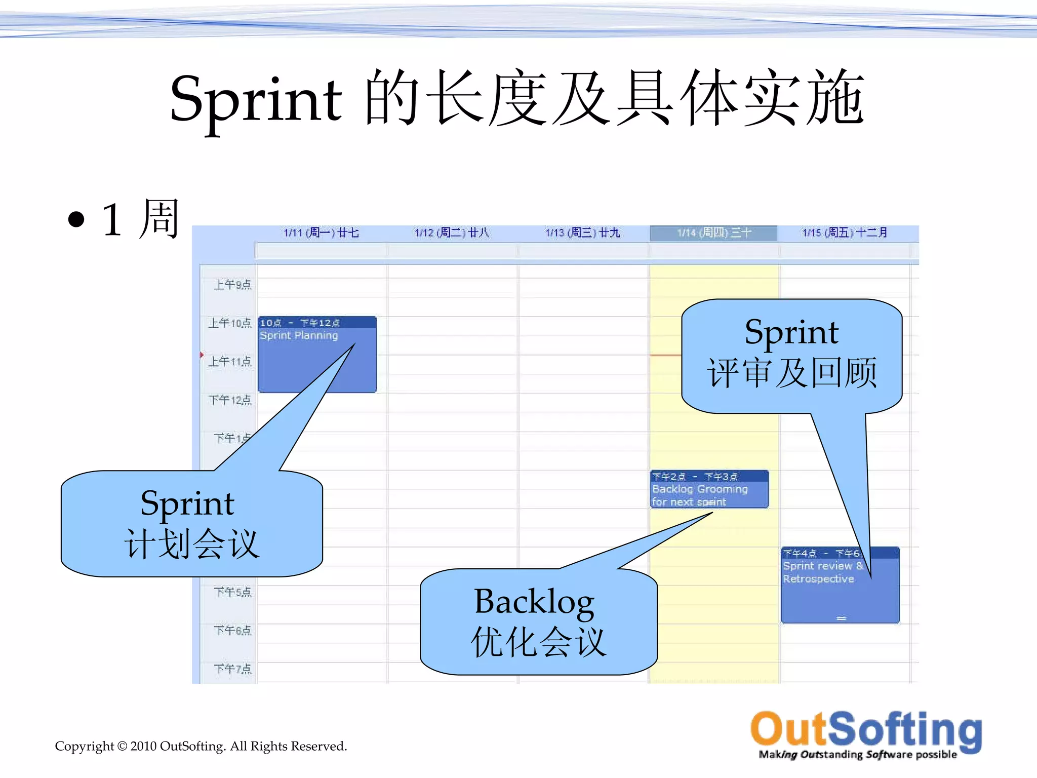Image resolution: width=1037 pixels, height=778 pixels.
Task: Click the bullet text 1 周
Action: [x=140, y=219]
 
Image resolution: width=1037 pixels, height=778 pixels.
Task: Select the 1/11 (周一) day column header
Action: [x=321, y=232]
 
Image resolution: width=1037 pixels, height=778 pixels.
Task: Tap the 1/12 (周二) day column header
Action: [x=452, y=232]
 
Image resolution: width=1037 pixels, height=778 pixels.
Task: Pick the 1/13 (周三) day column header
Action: [x=582, y=232]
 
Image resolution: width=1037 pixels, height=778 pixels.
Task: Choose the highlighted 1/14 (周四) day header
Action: [x=714, y=232]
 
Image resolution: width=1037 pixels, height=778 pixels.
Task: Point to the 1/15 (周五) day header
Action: [x=845, y=232]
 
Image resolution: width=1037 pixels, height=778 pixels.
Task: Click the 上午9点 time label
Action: [x=232, y=285]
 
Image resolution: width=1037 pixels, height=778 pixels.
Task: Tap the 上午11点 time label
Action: [x=230, y=362]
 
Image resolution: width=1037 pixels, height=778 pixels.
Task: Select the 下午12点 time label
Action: [x=230, y=400]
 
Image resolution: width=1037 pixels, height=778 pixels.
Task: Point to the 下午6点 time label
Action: [x=232, y=631]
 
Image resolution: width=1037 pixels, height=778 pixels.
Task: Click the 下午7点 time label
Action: [x=232, y=669]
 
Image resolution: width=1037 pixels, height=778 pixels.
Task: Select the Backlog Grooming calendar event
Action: [x=709, y=490]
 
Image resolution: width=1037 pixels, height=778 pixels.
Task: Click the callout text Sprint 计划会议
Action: [x=191, y=524]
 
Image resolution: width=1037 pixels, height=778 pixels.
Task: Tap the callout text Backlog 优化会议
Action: [x=538, y=621]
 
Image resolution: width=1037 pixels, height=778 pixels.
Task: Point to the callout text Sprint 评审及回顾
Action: [x=791, y=353]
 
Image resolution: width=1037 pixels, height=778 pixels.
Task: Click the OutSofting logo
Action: [x=866, y=734]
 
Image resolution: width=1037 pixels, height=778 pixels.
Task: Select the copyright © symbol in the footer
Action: [x=122, y=746]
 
